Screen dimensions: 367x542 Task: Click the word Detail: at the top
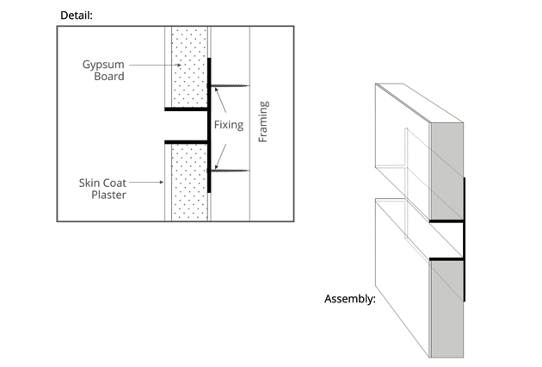77,16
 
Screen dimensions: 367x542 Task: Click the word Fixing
228,125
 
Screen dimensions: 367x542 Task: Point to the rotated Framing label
263,122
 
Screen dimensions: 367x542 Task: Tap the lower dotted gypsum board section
189,181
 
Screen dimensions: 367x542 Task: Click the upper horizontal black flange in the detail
187,110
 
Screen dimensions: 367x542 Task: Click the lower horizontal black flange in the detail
187,141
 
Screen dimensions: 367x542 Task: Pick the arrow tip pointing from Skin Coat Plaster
163,182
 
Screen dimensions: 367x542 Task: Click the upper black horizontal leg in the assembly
446,221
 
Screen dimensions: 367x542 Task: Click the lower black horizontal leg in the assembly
446,257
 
